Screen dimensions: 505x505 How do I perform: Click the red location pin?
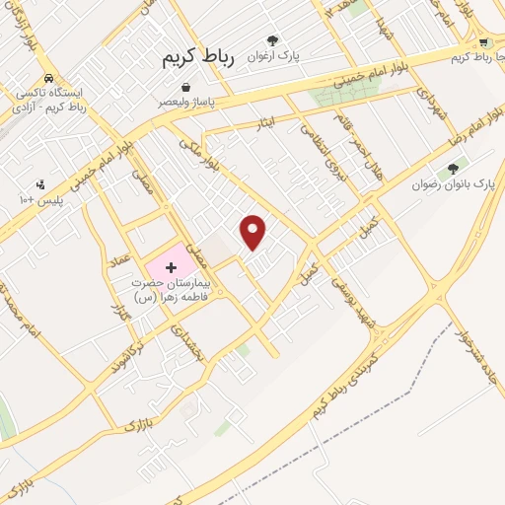coord(253,231)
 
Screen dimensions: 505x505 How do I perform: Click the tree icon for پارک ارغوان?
coord(272,40)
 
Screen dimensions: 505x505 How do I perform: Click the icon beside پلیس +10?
coord(40,183)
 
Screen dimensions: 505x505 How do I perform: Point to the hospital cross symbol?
coord(171,266)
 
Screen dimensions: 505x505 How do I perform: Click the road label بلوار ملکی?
coord(196,156)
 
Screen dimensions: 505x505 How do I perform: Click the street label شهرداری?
coord(425,106)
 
